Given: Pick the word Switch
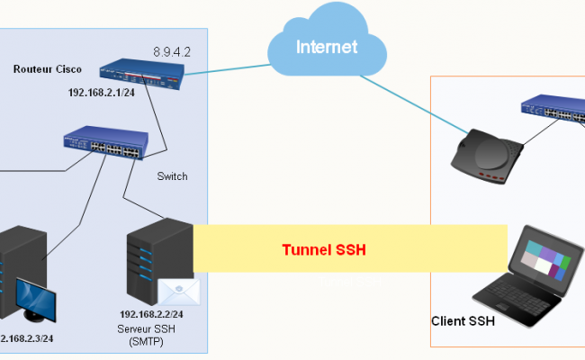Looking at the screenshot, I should [x=172, y=176].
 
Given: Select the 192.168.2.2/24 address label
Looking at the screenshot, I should [x=151, y=314].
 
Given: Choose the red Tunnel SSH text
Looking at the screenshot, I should [x=325, y=249].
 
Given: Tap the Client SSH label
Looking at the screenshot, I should [x=462, y=320].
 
